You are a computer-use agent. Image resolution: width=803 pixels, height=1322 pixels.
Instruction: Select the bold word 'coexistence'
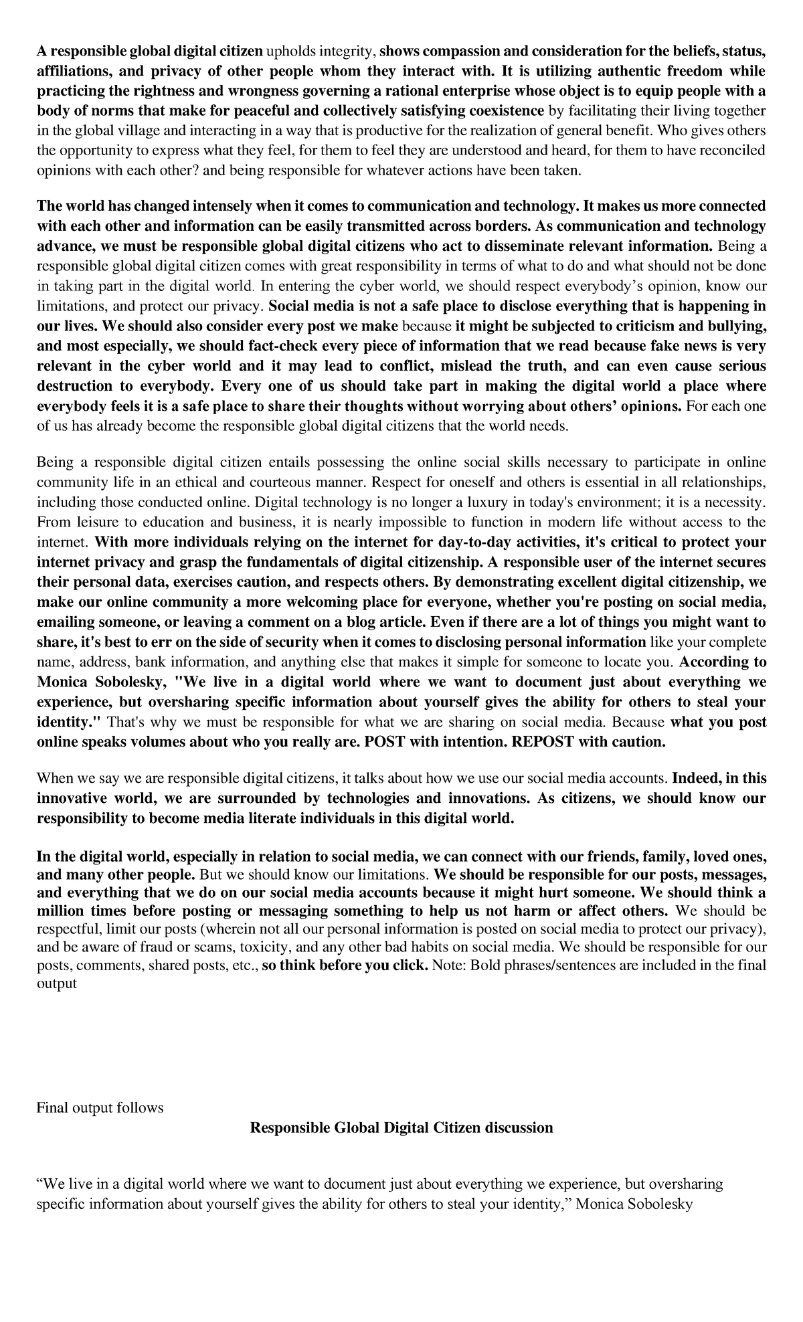(x=508, y=110)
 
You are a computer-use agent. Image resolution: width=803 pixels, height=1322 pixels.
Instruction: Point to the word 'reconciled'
(x=734, y=151)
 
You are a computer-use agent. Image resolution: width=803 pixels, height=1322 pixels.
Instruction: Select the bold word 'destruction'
(x=75, y=386)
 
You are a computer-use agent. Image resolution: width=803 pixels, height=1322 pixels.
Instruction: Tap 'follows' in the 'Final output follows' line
(x=140, y=1107)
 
